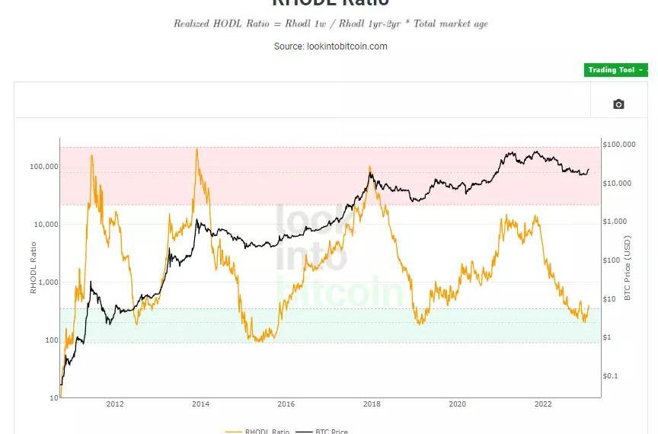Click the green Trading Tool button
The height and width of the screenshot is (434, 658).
pos(615,70)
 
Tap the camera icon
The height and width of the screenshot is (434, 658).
pos(618,104)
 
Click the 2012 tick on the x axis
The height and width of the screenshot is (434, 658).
pos(115,404)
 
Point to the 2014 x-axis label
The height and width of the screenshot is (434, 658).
pos(200,404)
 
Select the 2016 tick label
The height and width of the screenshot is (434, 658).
pos(286,404)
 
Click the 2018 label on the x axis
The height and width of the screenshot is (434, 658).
pos(372,404)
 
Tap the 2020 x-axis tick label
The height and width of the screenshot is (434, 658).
pos(457,404)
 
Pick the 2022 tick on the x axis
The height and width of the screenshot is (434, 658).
pos(543,404)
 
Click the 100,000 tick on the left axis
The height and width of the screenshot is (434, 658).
pos(43,166)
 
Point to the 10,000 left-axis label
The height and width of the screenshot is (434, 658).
pos(46,224)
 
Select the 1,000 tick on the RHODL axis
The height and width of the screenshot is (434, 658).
pos(48,282)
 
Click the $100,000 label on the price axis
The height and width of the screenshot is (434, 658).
pos(619,144)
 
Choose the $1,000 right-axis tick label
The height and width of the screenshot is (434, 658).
pos(615,222)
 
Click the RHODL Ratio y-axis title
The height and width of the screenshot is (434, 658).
pos(34,267)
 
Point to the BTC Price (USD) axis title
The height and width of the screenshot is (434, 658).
pos(628,267)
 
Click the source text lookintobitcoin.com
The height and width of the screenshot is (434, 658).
pos(331,46)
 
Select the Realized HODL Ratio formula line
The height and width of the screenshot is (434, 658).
pos(331,24)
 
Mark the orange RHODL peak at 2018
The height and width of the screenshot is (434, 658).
pos(370,167)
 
